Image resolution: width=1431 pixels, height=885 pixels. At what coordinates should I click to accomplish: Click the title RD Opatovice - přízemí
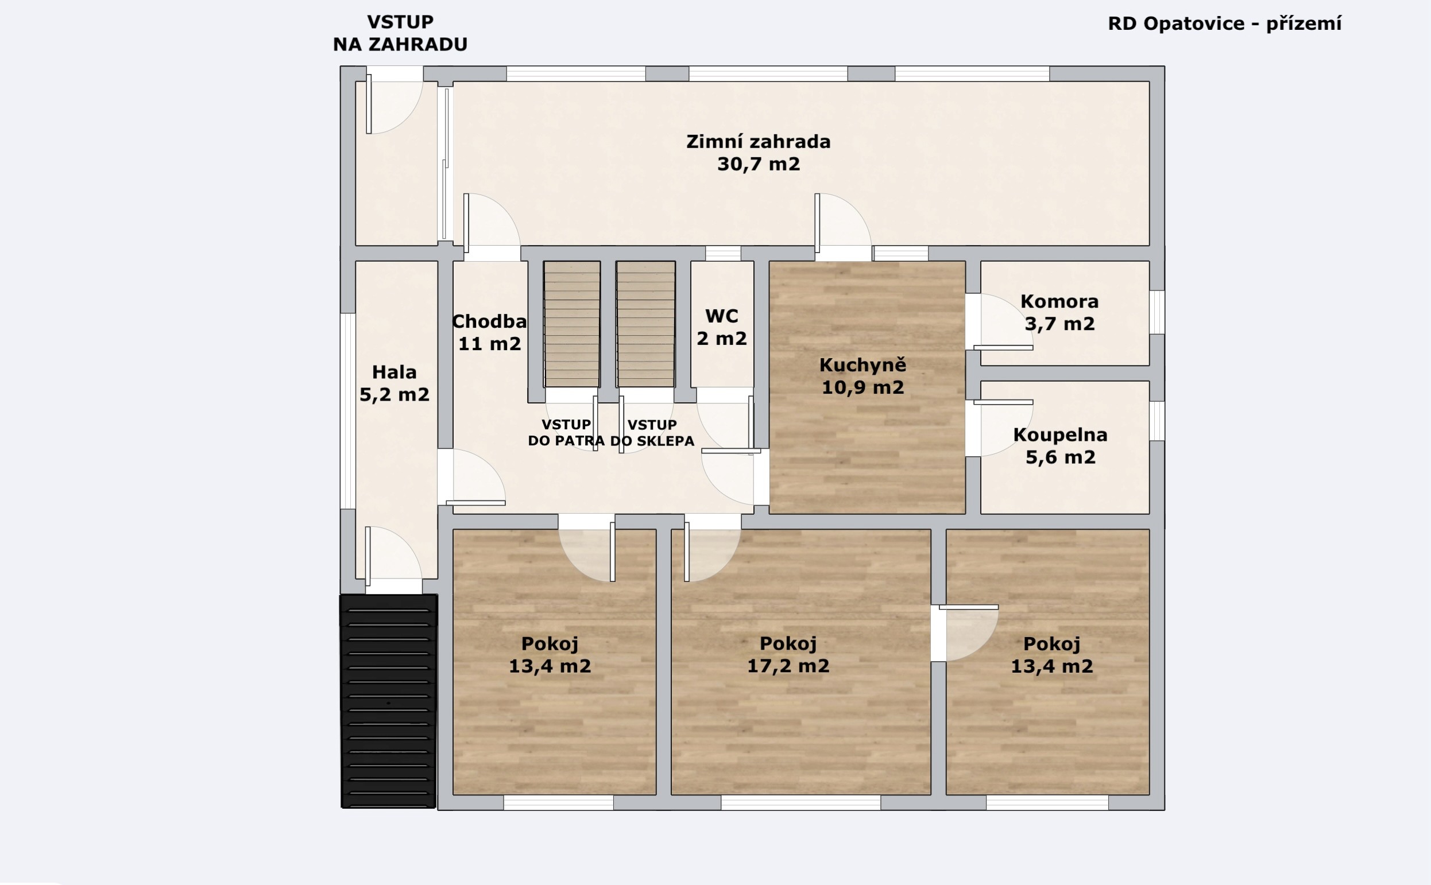click(1224, 24)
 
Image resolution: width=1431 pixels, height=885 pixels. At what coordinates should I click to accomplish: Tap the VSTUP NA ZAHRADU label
click(400, 33)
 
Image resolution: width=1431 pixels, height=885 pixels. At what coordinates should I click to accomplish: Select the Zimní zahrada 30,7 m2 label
click(758, 153)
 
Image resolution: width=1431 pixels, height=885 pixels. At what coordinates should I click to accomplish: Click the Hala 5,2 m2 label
click(395, 383)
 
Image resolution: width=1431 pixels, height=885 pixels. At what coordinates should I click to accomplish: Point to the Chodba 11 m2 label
click(489, 332)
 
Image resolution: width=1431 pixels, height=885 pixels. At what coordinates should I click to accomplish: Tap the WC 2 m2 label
click(722, 327)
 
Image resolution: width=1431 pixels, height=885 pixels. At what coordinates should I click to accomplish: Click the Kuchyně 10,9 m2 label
click(863, 376)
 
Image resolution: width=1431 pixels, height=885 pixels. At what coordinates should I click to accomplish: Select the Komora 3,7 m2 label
click(1060, 313)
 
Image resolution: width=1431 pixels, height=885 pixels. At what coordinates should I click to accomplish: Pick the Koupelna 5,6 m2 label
click(1061, 446)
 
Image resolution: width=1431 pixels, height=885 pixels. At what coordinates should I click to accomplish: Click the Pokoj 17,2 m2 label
click(788, 654)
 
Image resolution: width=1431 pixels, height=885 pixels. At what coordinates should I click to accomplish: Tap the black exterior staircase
click(389, 701)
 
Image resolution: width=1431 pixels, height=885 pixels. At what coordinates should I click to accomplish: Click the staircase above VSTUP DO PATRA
click(572, 324)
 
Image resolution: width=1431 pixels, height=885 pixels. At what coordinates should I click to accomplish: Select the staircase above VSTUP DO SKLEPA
click(646, 324)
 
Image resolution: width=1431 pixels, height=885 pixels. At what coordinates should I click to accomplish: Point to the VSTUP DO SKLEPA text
click(652, 433)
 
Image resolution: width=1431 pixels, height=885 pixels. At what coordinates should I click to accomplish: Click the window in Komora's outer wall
click(1157, 313)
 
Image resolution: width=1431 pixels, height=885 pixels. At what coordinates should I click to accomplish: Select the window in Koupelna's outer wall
click(1157, 421)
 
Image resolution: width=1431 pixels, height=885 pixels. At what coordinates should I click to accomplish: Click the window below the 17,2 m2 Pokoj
click(800, 802)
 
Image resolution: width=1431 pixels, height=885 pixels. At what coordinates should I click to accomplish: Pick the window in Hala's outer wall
click(349, 411)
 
